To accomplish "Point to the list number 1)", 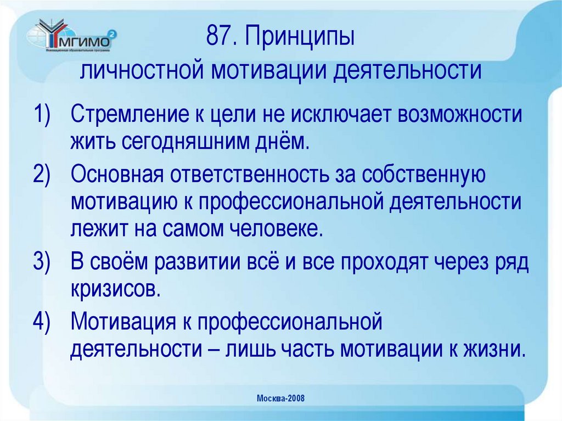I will point(42,116).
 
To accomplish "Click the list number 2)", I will point(42,175).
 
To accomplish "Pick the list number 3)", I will point(42,262).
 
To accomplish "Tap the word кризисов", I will point(115,288).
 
